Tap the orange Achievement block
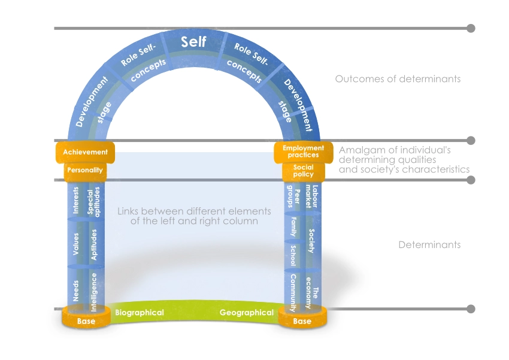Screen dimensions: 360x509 [x=85, y=152]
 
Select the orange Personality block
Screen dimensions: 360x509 [x=85, y=170]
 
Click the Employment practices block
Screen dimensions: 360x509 [x=303, y=152]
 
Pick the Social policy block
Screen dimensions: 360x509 [x=303, y=171]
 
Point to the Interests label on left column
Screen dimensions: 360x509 [x=76, y=200]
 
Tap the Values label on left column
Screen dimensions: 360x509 [x=76, y=244]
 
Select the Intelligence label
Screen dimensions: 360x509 [x=93, y=291]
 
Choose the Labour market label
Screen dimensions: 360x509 [x=310, y=196]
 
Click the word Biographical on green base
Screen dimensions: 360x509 [x=139, y=313]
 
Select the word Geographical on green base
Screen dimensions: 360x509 [x=246, y=313]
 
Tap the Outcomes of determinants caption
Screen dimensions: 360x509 [x=398, y=79]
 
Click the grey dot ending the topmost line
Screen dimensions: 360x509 [x=471, y=28]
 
